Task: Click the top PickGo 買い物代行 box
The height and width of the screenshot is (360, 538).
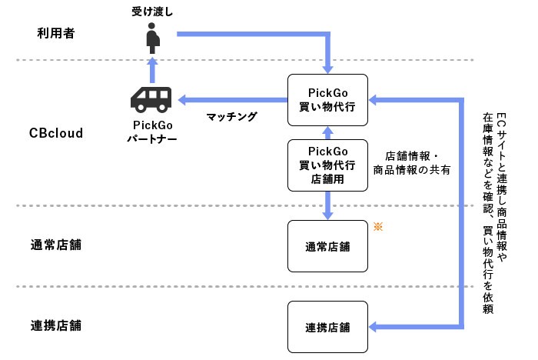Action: (x=327, y=98)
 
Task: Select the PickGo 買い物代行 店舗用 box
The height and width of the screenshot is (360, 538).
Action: (x=327, y=165)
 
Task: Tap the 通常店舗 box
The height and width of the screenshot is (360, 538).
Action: (x=327, y=246)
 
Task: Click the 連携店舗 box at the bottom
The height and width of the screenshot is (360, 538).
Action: (x=327, y=327)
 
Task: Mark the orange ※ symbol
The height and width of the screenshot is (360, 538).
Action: (x=377, y=226)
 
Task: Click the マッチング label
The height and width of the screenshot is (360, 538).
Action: (x=231, y=117)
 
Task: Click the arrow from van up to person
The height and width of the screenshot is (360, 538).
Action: (x=152, y=71)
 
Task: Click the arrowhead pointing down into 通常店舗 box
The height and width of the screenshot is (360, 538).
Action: (x=327, y=214)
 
